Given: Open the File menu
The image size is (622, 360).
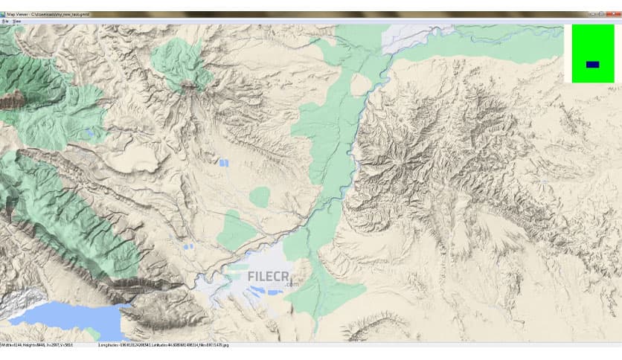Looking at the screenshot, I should pos(4,22).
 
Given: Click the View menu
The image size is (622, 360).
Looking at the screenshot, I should pos(16,22).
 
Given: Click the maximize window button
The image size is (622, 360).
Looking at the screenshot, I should pos(600,14).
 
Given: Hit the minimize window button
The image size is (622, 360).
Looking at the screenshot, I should pos(589,14).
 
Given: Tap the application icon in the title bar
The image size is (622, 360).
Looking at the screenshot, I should pos(4,14).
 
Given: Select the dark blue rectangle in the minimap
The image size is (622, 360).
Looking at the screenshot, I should pos(592,65).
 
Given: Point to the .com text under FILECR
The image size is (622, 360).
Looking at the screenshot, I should pos(289,283).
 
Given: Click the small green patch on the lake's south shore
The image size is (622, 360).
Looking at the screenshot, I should pos(92,333).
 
